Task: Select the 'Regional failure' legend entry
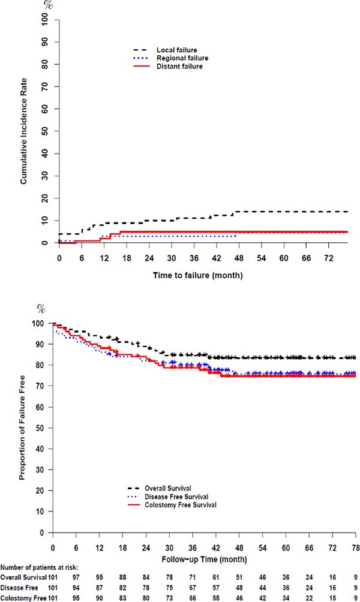179,58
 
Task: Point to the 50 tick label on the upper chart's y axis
44,131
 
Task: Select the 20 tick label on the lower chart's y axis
40,490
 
